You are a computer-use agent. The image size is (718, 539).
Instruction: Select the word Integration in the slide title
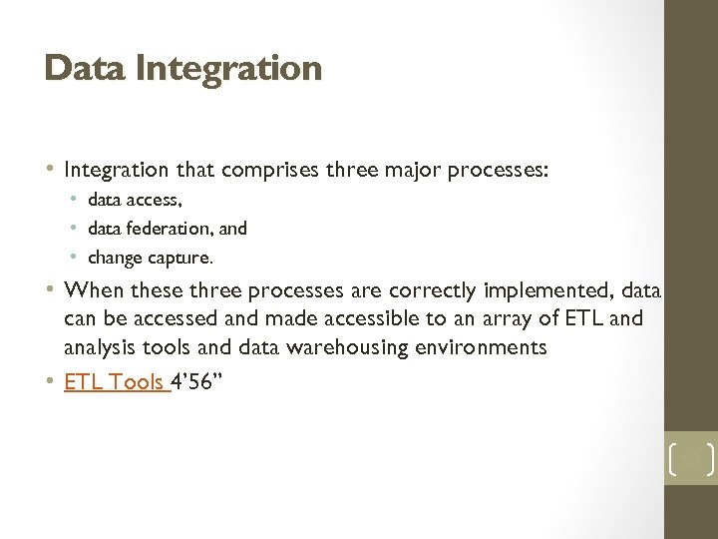[x=228, y=68]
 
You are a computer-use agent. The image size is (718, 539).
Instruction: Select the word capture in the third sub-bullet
[x=180, y=258]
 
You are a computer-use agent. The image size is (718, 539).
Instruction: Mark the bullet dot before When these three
[x=52, y=291]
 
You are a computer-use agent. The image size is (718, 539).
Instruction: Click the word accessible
[x=345, y=319]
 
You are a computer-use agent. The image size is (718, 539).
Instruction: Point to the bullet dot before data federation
[x=77, y=229]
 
